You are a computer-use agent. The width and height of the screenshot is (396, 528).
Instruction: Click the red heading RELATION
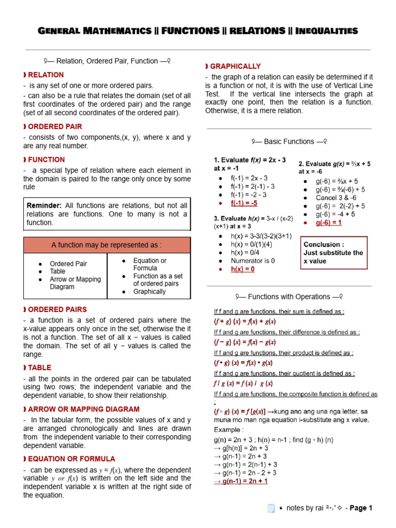(x=46, y=75)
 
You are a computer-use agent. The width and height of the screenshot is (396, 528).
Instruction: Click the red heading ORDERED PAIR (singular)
(x=55, y=126)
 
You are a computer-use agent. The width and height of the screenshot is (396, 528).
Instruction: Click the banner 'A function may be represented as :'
(x=107, y=245)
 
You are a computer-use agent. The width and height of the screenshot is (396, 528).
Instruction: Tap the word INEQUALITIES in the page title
(x=323, y=31)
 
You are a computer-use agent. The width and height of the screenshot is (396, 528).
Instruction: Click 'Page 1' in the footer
(x=361, y=508)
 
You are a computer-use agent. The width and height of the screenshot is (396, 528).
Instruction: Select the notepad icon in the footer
(x=271, y=508)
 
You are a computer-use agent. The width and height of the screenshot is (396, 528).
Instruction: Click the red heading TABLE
(x=41, y=367)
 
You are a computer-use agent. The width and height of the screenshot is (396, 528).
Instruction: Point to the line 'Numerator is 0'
(x=253, y=261)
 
